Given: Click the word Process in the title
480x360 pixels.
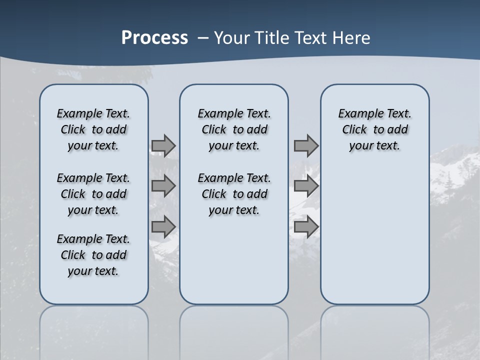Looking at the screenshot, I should pos(154,38).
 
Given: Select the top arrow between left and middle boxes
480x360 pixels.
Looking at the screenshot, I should pos(163,145).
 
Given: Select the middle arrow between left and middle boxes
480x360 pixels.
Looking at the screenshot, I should pos(163,186).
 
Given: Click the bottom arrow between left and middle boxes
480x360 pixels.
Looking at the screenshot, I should pos(163,226).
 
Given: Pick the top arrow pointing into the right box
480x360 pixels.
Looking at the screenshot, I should pos(306,145).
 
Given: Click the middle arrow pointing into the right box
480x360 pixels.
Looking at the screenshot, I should pos(306,186).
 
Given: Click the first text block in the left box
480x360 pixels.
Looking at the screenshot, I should pos(93,129).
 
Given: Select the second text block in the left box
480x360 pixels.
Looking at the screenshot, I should pos(93,194).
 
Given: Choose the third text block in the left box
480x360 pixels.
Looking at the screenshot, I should pos(93,255).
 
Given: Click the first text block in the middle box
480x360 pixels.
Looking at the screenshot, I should pos(234,129).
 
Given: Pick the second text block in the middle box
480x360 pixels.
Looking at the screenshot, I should pos(234,194).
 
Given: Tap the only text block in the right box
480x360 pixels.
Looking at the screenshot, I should pos(374,129).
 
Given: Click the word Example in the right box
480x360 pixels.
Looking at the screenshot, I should pos(357,114).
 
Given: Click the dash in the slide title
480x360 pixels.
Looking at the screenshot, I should pos(203,38).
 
